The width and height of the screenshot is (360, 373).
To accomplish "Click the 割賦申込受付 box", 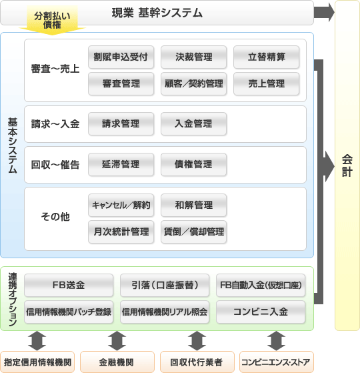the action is coord(121,57).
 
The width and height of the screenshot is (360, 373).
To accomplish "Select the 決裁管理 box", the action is coord(193,57).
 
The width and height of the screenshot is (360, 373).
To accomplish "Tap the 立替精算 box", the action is coord(267,57).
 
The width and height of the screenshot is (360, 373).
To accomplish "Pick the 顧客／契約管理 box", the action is coord(193,83).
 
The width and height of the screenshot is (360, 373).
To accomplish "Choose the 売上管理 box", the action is coord(267,83).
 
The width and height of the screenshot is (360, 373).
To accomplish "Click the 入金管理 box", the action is coord(193,124).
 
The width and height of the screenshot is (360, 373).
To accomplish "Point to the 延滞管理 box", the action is coord(121,165).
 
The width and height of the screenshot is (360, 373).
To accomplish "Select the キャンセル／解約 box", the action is coord(121,206).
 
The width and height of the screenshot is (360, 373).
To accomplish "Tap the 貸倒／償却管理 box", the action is coord(193,232).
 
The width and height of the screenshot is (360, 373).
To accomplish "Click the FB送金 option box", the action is coord(69,285).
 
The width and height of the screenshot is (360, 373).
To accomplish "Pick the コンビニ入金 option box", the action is coord(261,312).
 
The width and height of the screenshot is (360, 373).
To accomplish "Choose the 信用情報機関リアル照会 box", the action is coord(165,312).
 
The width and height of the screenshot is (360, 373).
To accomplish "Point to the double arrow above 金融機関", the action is coord(117,341).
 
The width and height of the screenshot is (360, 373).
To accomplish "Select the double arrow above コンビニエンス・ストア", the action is coord(276,341).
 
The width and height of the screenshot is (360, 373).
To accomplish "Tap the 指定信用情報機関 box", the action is coord(37,362).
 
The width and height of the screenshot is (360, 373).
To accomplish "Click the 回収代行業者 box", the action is coord(197,362).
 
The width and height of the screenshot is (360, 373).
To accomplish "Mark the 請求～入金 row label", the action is coord(55,124).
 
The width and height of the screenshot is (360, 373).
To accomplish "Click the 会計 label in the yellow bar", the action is coord(347,165).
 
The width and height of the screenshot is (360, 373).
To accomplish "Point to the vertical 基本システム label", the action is coord(13,145).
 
